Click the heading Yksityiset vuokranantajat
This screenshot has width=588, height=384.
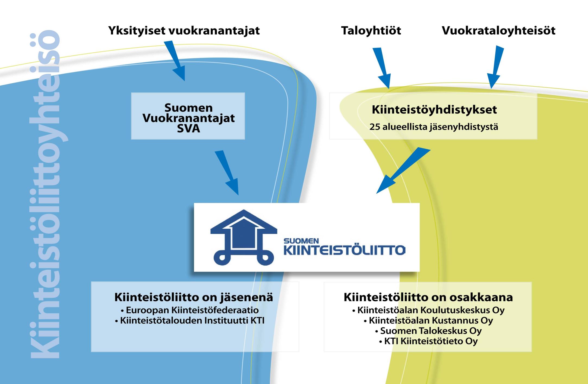coord(184,31)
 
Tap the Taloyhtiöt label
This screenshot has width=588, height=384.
coord(371,31)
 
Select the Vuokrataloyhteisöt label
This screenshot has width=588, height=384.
coord(499,31)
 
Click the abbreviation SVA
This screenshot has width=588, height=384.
coord(188,128)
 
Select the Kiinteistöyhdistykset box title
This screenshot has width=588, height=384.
coord(434,110)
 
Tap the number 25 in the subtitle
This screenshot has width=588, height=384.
coord(375,127)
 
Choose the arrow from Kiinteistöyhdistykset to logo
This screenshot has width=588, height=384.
coord(403,171)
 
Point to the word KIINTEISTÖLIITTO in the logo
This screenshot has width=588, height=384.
coord(344,250)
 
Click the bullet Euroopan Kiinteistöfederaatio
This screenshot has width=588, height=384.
coord(190,310)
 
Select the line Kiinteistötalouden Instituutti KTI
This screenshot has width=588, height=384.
coord(189,320)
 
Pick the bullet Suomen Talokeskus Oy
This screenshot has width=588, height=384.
coord(428,331)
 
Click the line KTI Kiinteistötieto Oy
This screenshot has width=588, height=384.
coord(428,341)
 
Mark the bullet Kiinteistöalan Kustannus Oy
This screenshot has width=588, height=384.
coord(428,320)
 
